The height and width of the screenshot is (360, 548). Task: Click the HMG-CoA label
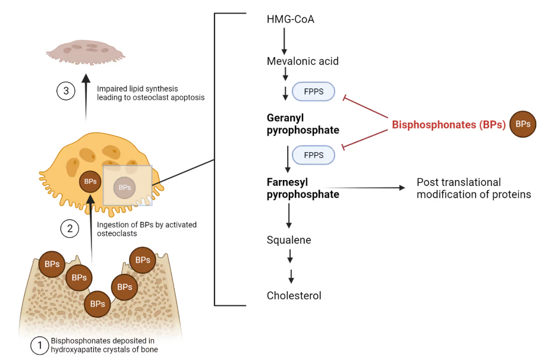(x=290, y=20)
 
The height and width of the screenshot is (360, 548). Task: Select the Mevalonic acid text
(x=303, y=61)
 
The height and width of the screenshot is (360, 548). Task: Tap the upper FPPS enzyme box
(x=313, y=92)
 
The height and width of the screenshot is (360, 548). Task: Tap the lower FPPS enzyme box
(x=313, y=155)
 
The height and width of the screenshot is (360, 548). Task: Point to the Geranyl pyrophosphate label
(x=303, y=124)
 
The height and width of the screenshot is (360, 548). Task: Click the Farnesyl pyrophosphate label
(x=303, y=188)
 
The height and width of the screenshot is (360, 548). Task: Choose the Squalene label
(x=289, y=240)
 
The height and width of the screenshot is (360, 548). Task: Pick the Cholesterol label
(x=294, y=295)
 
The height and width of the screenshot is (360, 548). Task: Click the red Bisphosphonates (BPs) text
(x=449, y=125)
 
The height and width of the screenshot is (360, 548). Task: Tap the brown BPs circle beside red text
(x=523, y=124)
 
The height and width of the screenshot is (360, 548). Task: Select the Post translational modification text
(x=474, y=188)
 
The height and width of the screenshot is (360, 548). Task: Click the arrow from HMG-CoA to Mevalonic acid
(x=284, y=40)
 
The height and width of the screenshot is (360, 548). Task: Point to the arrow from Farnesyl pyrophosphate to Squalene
(x=288, y=216)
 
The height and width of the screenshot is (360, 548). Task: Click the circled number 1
(x=39, y=346)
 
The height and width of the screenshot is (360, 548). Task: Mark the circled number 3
(x=65, y=91)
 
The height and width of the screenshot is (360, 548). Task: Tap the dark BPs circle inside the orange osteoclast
(x=90, y=181)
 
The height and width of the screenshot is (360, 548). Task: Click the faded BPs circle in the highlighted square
(x=124, y=188)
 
